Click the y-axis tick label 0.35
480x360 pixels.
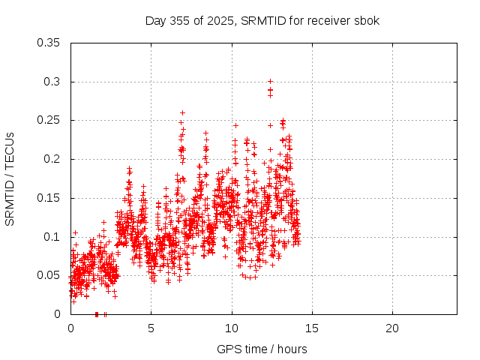(x=49, y=43)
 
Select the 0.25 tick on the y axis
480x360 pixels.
(x=49, y=120)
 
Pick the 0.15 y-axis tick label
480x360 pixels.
(x=49, y=198)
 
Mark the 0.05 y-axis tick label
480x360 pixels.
(x=49, y=275)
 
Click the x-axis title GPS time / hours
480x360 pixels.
(x=262, y=349)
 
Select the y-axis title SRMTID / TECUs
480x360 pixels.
(x=10, y=178)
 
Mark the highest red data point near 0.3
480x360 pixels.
(x=270, y=82)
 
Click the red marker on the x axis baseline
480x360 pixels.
(x=97, y=314)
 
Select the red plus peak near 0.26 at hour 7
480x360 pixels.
(x=182, y=113)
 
